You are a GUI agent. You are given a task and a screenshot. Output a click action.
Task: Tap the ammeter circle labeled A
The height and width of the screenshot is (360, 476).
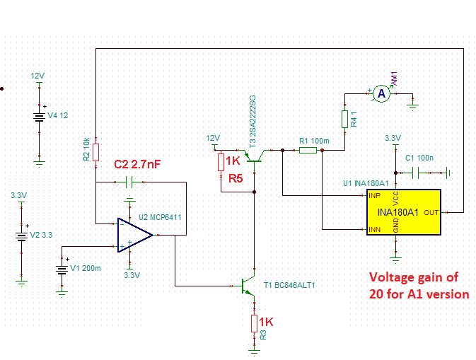pyautogui.click(x=381, y=93)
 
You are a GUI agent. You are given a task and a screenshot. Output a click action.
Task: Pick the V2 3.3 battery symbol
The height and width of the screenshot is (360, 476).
pyautogui.click(x=21, y=235)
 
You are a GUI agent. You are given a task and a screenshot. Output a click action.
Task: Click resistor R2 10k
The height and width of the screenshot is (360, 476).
pyautogui.click(x=95, y=153)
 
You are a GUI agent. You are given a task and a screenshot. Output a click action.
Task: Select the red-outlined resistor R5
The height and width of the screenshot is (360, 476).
pyautogui.click(x=221, y=163)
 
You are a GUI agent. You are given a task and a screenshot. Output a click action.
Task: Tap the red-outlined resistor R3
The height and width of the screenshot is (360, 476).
pyautogui.click(x=254, y=323)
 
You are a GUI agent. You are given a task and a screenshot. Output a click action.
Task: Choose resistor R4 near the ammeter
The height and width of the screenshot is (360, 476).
pyautogui.click(x=344, y=119)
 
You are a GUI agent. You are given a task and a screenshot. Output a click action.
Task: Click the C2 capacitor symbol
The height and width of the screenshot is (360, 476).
pyautogui.click(x=128, y=182)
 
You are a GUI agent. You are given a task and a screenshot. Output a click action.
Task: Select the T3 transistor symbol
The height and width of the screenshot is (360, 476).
pyautogui.click(x=251, y=155)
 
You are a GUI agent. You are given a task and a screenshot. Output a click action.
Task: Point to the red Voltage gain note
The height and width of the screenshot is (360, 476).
pyautogui.click(x=419, y=285)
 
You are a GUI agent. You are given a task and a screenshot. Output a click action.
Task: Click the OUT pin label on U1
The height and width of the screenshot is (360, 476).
pyautogui.click(x=431, y=211)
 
